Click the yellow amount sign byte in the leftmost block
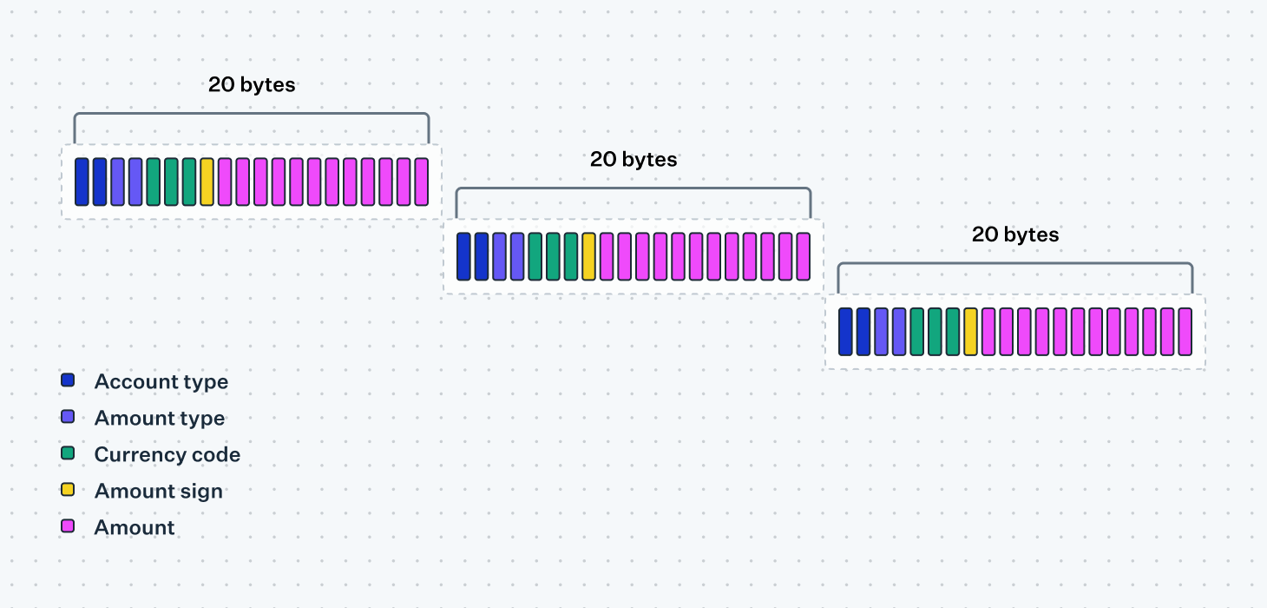207,182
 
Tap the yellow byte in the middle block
588,256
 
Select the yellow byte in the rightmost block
970,331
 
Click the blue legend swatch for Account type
68,380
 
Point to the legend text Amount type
160,418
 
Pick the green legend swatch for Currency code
68,453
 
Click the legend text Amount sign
159,491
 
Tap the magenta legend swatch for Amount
68,526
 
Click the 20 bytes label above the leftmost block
252,85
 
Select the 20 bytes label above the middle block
633,160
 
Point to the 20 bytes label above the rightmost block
1015,235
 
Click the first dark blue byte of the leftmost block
82,182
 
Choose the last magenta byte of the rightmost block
1185,331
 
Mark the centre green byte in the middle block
553,256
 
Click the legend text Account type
161,381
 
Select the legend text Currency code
167,454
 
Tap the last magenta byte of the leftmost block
421,182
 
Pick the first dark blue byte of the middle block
463,256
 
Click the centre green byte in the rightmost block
935,331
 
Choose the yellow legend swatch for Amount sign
68,490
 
